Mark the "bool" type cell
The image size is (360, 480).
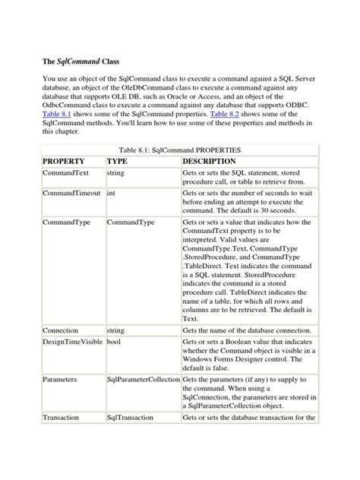point(114,344)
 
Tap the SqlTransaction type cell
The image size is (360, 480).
point(134,418)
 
